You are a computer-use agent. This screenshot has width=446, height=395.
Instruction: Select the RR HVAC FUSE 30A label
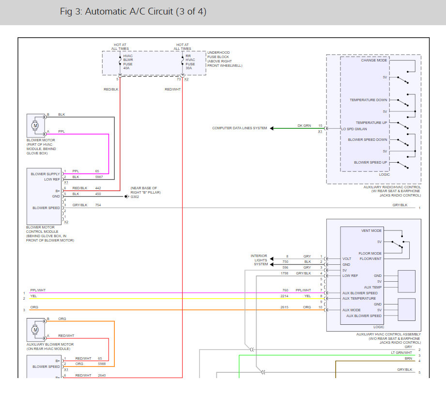[190, 62]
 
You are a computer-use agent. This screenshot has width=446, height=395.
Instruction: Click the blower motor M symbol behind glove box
[35, 126]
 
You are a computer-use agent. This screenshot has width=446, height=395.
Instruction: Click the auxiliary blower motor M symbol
[35, 330]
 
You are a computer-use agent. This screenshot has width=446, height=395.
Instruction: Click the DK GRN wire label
[304, 125]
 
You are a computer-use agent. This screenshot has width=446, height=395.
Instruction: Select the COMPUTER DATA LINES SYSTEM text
[239, 128]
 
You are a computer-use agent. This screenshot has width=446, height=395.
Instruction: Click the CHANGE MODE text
[374, 61]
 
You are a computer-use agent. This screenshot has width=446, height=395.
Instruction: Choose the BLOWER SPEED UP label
[370, 163]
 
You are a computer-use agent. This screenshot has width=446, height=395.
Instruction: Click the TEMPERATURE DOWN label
[369, 100]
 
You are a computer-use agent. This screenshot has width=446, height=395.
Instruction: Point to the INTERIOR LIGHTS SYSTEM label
[259, 260]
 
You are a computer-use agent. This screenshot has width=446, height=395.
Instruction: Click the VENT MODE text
[371, 231]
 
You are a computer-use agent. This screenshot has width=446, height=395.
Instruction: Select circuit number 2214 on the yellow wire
[284, 296]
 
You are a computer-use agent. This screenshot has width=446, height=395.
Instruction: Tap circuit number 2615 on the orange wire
[284, 307]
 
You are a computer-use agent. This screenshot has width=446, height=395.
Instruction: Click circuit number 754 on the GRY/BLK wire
[98, 205]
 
